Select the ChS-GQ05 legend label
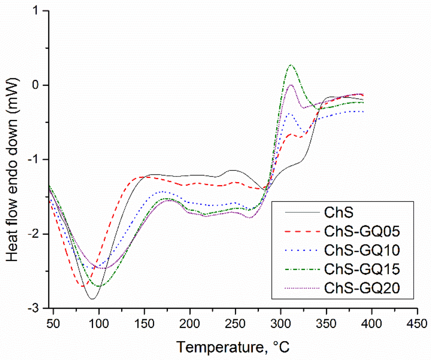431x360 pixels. pos(361,231)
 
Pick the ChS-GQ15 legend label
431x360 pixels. pos(361,269)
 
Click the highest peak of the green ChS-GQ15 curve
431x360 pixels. pos(290,65)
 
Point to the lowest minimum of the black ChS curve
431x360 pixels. pos(92,299)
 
